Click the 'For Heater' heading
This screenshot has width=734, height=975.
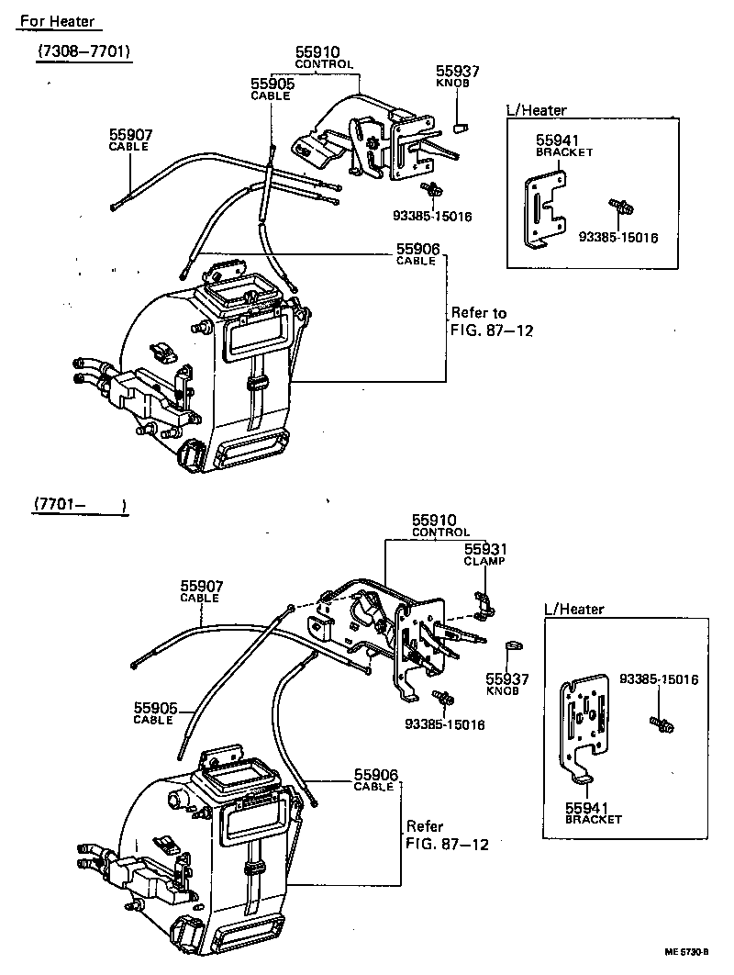point(57,21)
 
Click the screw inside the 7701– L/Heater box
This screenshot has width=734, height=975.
point(662,724)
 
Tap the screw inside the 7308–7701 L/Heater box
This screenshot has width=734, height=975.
point(620,207)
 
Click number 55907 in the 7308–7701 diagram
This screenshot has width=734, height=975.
point(130,135)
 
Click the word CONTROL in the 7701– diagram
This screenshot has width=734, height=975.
point(440,532)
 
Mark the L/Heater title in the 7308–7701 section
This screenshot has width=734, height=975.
point(537,110)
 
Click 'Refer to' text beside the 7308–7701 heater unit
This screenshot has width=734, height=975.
point(478,313)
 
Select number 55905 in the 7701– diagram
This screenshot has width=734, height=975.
point(154,707)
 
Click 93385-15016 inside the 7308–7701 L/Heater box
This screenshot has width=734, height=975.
point(618,237)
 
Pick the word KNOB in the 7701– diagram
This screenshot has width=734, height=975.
point(503,689)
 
